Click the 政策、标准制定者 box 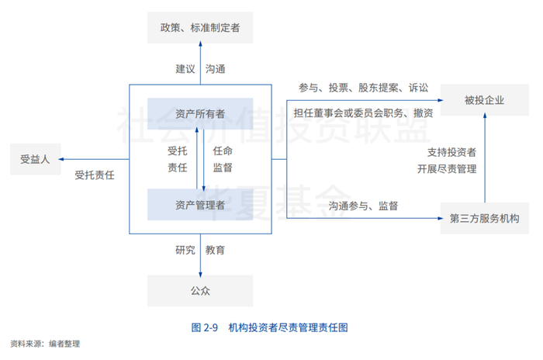(x=200, y=27)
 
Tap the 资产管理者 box (x=200, y=205)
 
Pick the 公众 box (x=200, y=291)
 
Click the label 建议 (x=185, y=68)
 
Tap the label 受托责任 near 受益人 (x=95, y=175)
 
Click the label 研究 (x=185, y=250)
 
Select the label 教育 (x=216, y=250)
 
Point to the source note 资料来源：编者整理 (x=45, y=343)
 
